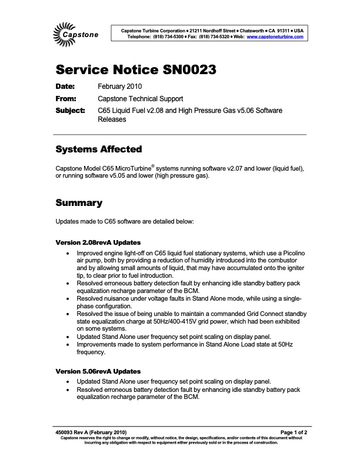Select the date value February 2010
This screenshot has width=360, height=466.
(120, 87)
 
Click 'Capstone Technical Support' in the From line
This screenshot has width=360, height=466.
(141, 99)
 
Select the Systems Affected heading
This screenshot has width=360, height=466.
(98, 149)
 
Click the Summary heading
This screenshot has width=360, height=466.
(79, 203)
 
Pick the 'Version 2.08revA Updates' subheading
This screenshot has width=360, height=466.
(98, 242)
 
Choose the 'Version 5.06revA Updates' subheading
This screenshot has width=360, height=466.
(98, 371)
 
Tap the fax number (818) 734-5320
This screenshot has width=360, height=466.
(210, 36)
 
